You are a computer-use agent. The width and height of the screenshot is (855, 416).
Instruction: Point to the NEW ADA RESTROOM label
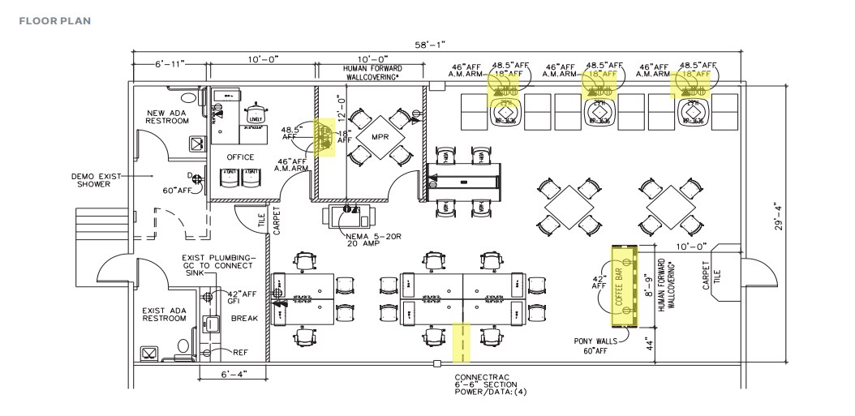167,116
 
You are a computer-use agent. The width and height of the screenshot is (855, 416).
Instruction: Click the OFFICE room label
240,157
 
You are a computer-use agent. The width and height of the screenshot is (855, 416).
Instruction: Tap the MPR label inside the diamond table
380,136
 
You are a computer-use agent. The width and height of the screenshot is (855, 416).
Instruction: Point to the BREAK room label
244,319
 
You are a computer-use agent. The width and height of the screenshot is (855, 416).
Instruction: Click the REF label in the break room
241,353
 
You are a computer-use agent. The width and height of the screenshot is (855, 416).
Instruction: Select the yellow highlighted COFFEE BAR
623,280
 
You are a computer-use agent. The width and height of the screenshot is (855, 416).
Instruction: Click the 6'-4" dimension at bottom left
233,374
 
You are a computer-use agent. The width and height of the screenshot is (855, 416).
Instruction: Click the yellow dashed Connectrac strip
462,342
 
